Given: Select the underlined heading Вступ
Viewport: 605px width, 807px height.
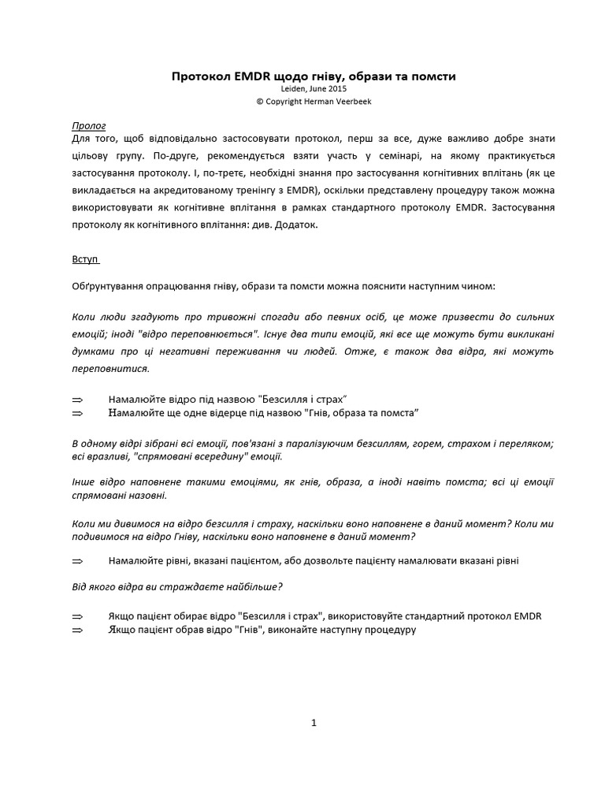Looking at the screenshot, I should [85, 258].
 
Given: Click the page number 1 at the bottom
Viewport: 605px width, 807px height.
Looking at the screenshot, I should [314, 723].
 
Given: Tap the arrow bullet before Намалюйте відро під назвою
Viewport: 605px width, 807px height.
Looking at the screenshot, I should [77, 400].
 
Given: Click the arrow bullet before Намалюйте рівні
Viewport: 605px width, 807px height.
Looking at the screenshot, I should [77, 560].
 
